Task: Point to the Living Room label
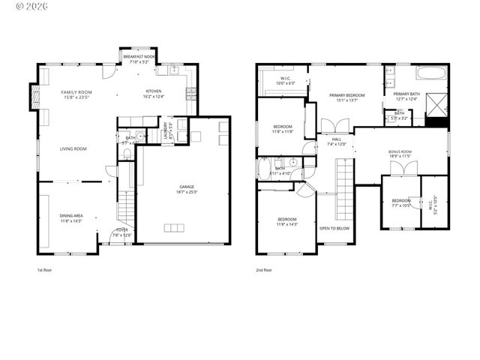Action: click(73, 148)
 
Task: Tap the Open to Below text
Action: click(334, 228)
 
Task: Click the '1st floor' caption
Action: click(45, 269)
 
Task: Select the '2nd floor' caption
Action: click(263, 269)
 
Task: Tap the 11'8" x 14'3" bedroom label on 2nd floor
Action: click(287, 221)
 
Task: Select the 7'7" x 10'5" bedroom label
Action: click(401, 202)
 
